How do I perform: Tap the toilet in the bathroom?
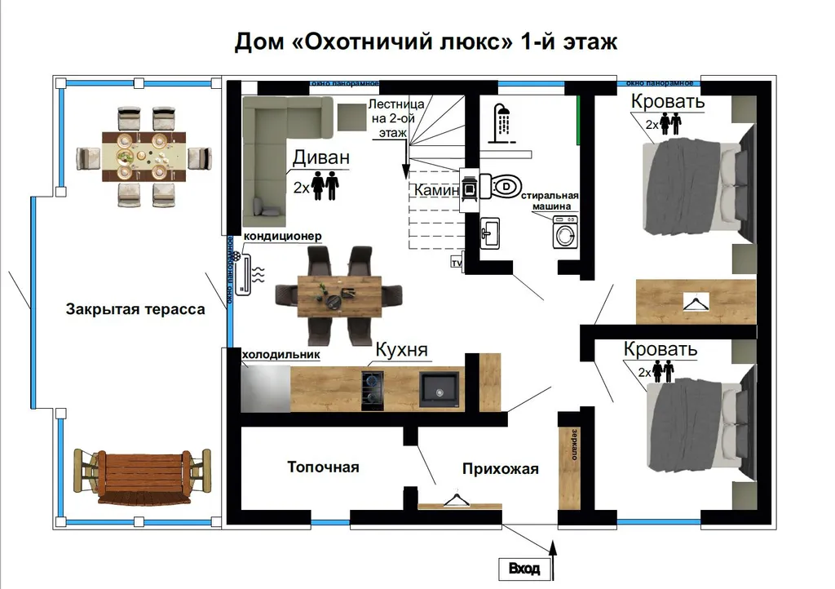click(x=500, y=186)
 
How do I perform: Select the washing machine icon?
click(x=564, y=232)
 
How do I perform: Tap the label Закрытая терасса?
click(x=135, y=309)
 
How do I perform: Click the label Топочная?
click(x=323, y=467)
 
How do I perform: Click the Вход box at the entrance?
click(x=524, y=568)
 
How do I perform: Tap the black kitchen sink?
click(x=440, y=387)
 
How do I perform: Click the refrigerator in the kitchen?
click(x=266, y=387)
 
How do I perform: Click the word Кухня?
click(x=401, y=352)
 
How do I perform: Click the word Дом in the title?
click(x=258, y=42)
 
